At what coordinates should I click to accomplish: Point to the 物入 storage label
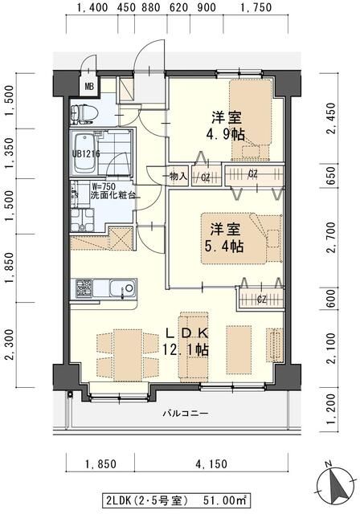pos(178,176)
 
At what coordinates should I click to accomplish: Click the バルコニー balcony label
pos(186,414)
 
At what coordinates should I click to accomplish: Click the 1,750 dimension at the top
pos(257,9)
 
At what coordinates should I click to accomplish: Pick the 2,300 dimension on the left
pos(9,349)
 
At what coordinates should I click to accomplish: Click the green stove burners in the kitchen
pos(84,287)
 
